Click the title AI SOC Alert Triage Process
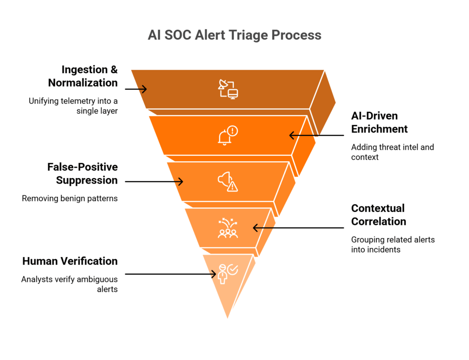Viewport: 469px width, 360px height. click(234, 35)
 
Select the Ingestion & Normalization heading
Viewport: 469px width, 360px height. click(83, 76)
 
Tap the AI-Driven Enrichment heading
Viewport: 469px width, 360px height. click(379, 122)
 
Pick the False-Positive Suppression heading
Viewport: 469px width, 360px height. click(82, 174)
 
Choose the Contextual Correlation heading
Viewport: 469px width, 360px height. click(378, 215)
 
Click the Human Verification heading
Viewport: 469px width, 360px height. click(70, 261)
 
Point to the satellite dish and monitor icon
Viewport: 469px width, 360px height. click(228, 89)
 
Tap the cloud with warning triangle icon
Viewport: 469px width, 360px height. click(228, 181)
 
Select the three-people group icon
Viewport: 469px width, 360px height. click(228, 228)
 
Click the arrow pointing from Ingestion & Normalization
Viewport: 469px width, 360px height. click(136, 89)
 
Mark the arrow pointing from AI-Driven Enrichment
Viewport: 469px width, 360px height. click(316, 135)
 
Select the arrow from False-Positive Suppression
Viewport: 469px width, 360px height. click(154, 182)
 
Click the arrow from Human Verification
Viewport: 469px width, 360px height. click(170, 274)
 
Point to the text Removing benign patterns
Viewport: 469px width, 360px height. click(70, 199)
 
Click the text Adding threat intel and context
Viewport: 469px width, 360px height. click(392, 152)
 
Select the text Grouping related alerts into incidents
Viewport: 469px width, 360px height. click(393, 245)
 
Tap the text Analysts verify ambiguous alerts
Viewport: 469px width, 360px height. click(70, 284)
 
